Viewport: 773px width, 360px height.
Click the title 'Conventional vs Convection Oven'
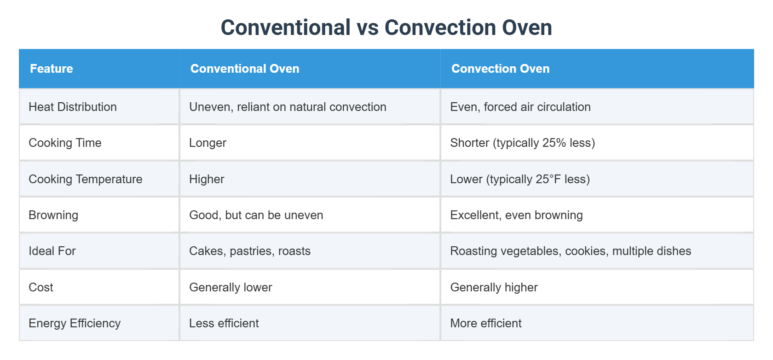386,28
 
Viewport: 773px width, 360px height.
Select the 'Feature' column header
52,69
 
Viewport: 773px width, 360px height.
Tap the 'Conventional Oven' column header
245,69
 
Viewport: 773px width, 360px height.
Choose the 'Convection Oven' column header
500,69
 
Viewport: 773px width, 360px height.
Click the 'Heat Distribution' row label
73,107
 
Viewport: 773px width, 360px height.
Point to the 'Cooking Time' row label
65,143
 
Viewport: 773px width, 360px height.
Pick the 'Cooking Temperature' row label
86,179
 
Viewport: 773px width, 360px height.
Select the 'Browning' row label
53,215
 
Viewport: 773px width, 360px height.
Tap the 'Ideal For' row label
52,251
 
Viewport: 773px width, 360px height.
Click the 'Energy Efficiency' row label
75,323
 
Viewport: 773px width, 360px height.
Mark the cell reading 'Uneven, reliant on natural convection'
288,107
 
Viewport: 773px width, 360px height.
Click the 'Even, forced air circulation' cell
520,107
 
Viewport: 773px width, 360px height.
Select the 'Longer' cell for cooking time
208,143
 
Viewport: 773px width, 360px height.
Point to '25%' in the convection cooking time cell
554,143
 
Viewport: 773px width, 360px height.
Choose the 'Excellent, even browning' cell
516,215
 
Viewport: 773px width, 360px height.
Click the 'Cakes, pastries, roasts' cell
250,251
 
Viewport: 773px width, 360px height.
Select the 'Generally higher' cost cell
494,287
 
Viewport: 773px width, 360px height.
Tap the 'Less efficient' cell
224,323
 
